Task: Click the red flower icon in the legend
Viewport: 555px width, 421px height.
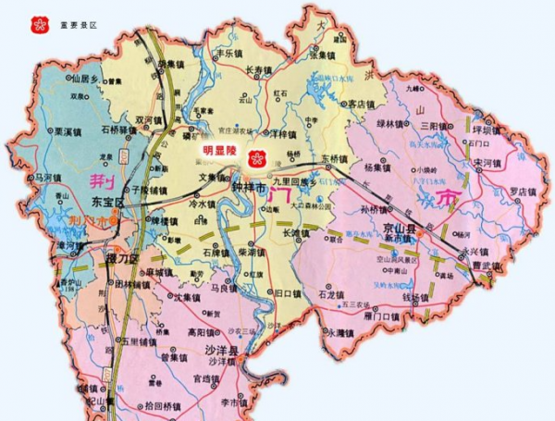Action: tap(39, 22)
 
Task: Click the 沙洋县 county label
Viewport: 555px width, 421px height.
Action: tap(221, 352)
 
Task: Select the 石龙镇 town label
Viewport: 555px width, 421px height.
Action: tap(331, 296)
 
